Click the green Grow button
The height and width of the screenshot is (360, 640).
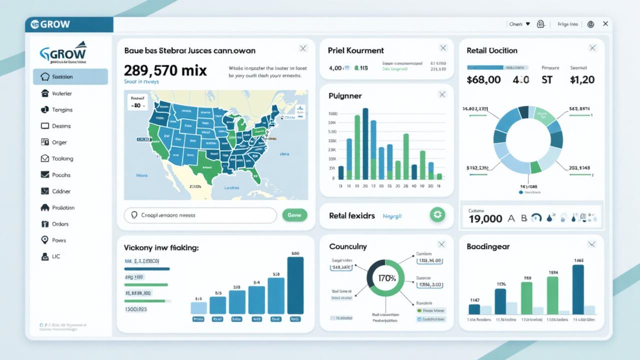[x=294, y=215]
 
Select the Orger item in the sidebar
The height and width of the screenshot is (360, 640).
[x=59, y=142]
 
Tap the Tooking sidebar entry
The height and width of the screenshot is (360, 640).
[x=62, y=158]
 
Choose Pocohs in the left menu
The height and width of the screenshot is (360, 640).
[x=61, y=175]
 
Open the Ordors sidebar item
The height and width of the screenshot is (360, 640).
[x=60, y=224]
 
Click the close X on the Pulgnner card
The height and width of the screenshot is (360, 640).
[x=442, y=94]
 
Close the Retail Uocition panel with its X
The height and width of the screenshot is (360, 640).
[x=592, y=48]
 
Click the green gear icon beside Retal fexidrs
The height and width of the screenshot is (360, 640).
[x=437, y=215]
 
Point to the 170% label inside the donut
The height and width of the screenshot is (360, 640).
[x=387, y=278]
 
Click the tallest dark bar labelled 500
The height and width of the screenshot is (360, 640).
[x=295, y=285]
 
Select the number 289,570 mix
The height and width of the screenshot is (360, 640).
[x=165, y=70]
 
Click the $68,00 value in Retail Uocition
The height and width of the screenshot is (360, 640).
[x=483, y=79]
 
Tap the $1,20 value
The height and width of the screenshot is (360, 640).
[x=582, y=79]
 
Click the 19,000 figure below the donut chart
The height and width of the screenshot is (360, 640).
[x=485, y=218]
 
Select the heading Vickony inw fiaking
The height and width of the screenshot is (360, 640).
[x=161, y=247]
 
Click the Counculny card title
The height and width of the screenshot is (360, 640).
[x=348, y=246]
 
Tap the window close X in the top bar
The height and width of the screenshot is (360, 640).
[x=605, y=23]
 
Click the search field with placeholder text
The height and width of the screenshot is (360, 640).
[x=200, y=215]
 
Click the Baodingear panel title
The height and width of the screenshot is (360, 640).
[x=488, y=246]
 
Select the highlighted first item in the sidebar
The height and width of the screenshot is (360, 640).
[x=70, y=77]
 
